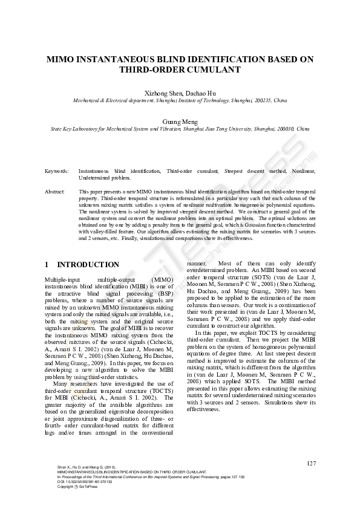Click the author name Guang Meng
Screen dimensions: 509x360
click(180, 122)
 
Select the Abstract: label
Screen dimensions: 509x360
click(55, 191)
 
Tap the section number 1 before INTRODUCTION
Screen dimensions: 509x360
click(47, 265)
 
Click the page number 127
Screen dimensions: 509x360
click(311, 464)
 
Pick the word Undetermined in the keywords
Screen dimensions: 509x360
click(94, 178)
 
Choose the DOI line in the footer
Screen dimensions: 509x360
click(85, 482)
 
